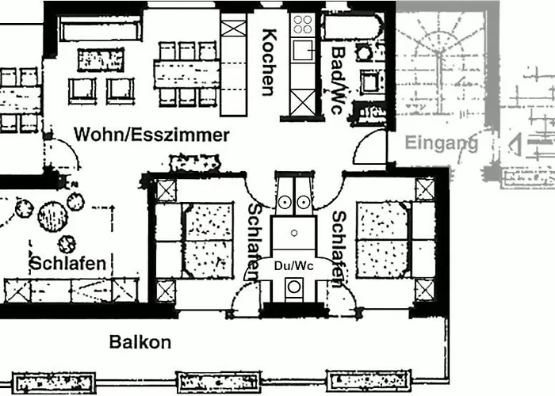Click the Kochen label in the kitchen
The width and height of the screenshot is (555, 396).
tap(268, 62)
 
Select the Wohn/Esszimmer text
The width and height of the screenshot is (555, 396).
tap(151, 135)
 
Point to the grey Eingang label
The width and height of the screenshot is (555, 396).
tap(442, 143)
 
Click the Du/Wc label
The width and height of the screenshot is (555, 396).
tap(293, 266)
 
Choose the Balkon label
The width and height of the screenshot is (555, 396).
tap(140, 342)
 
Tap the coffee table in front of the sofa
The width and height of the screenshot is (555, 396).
tap(101, 59)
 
